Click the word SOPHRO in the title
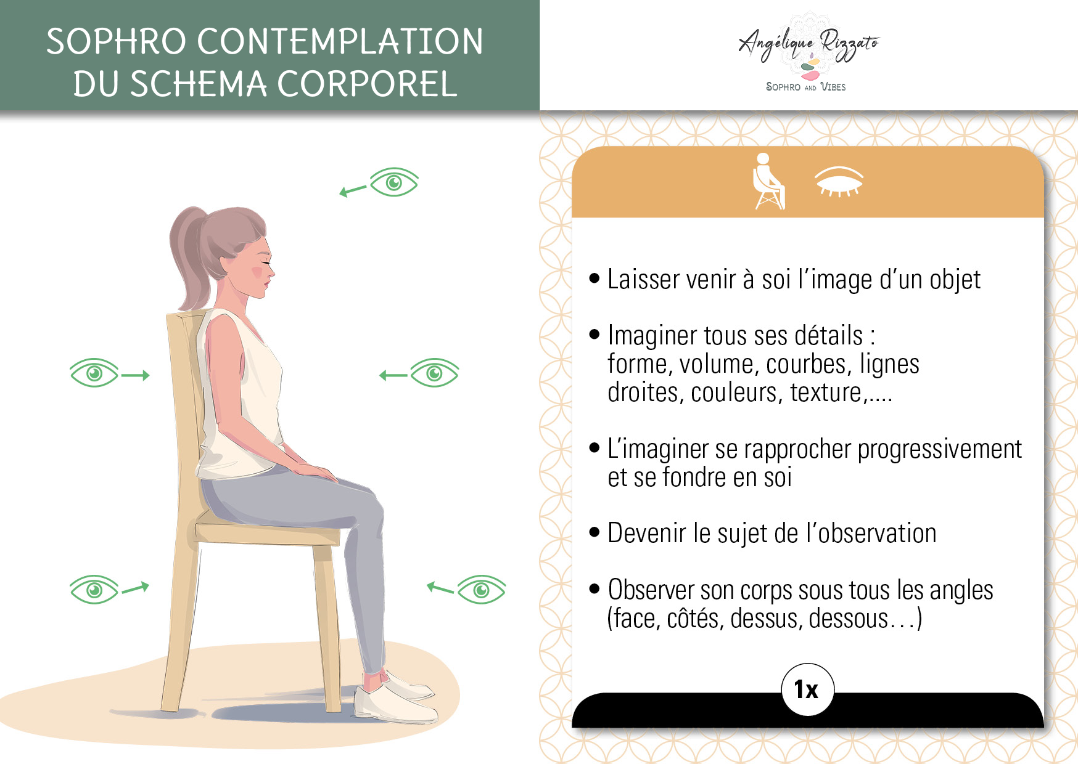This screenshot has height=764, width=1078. pyautogui.click(x=117, y=41)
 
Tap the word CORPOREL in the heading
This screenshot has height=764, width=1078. pyautogui.click(x=368, y=84)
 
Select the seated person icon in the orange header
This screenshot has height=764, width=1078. pyautogui.click(x=768, y=181)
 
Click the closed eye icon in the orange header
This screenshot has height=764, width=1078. pyautogui.click(x=839, y=181)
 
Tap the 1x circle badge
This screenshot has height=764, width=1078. pyautogui.click(x=807, y=689)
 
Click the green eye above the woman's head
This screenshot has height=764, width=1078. pyautogui.click(x=394, y=182)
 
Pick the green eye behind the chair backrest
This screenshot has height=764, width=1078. pyautogui.click(x=94, y=373)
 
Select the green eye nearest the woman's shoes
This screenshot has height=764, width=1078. pyautogui.click(x=481, y=590)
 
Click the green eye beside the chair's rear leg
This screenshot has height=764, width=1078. pyautogui.click(x=94, y=590)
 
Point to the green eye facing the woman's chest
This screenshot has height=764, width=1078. pyautogui.click(x=434, y=373)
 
